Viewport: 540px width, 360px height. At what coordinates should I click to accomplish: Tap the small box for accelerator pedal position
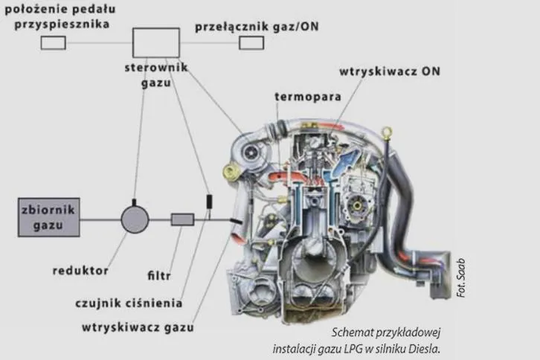[54, 43]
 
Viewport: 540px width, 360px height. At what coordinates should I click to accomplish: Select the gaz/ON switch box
[251, 43]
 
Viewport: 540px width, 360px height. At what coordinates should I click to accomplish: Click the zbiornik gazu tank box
[49, 217]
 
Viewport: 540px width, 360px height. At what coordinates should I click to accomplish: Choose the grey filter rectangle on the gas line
[182, 219]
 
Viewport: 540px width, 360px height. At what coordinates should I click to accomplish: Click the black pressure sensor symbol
[209, 202]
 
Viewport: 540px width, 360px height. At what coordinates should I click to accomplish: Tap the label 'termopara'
[308, 97]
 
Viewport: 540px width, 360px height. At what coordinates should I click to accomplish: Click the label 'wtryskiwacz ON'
[390, 71]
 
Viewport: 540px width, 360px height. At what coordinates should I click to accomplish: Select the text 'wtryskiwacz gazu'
[138, 327]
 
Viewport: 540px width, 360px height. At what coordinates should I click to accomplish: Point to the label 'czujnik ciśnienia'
[129, 303]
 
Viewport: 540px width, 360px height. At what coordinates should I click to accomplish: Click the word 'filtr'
[159, 276]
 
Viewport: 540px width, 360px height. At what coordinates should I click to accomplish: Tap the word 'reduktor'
[80, 271]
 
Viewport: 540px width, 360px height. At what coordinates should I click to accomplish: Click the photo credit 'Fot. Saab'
[461, 278]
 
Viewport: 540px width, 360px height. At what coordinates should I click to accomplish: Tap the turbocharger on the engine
[248, 152]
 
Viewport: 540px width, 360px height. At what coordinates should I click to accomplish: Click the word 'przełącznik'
[232, 27]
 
